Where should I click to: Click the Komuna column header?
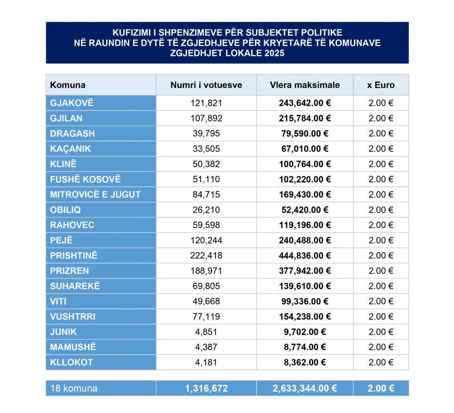click(68, 85)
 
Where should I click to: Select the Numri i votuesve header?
click(206, 85)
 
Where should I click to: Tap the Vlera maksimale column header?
click(304, 85)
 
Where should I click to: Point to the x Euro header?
click(381, 85)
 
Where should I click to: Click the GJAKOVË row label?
click(72, 103)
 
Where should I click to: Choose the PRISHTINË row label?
click(74, 256)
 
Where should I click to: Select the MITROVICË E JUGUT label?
click(95, 195)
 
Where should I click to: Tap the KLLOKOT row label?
click(71, 363)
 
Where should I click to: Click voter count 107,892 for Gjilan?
click(206, 118)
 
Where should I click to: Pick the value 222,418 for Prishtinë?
click(206, 256)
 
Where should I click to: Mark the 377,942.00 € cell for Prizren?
click(304, 271)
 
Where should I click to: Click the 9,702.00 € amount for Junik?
click(304, 332)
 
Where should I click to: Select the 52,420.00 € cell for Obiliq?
click(304, 210)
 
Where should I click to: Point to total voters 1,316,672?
click(206, 388)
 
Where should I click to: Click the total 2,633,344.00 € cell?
click(304, 388)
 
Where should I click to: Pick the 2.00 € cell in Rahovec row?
click(381, 225)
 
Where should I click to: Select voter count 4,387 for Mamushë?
click(206, 347)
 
